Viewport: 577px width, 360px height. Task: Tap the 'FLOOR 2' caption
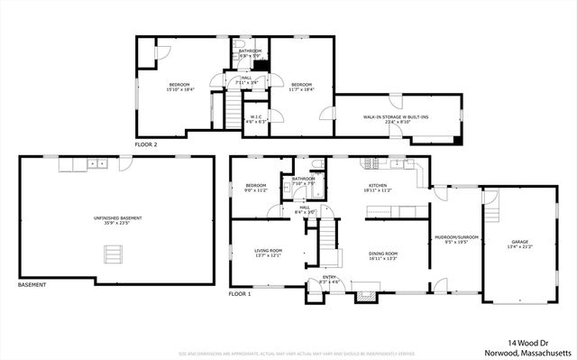(x=146, y=144)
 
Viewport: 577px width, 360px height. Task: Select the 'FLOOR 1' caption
(x=240, y=294)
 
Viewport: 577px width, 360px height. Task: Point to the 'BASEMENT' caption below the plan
(x=32, y=285)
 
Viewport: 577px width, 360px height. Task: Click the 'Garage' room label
(x=520, y=242)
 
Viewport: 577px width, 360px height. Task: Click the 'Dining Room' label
(x=383, y=255)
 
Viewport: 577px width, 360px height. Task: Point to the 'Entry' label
(x=329, y=279)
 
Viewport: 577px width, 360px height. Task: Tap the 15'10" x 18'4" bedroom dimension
(x=180, y=90)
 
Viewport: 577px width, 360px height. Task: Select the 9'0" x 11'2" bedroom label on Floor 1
(x=257, y=189)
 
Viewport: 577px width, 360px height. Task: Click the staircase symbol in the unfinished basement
(x=113, y=255)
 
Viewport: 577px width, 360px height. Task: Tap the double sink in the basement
(x=96, y=164)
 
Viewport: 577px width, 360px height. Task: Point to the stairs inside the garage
(x=493, y=210)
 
